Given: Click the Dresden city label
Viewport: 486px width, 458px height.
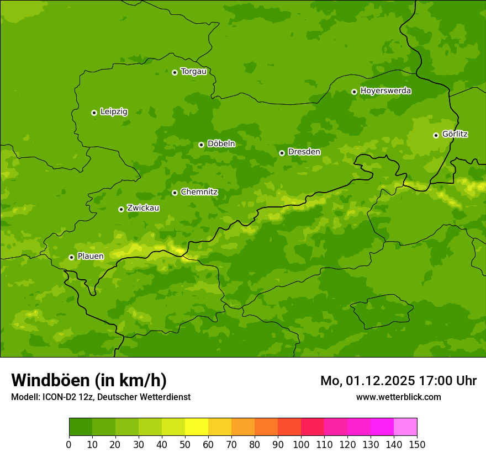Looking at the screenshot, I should (x=304, y=152).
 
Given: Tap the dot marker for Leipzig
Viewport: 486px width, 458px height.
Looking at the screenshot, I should (x=94, y=113).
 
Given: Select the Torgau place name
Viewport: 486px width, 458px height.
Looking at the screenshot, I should (x=193, y=72).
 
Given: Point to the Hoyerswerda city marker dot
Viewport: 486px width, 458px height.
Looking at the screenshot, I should (x=354, y=92).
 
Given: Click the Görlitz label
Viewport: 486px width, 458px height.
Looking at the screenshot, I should (x=455, y=134).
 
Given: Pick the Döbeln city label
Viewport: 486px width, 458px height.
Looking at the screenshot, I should (x=221, y=144).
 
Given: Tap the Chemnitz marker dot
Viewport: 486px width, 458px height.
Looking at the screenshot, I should (x=175, y=193).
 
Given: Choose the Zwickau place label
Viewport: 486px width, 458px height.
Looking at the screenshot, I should (x=143, y=208).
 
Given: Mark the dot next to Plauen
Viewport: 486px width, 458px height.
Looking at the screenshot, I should (x=71, y=257).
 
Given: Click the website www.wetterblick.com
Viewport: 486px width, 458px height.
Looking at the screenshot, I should (x=398, y=397).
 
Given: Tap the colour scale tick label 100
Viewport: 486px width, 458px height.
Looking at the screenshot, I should (x=301, y=444).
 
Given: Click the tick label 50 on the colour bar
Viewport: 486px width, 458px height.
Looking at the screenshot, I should (x=185, y=444).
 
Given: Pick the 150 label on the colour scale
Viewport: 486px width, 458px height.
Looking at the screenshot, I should (x=417, y=444).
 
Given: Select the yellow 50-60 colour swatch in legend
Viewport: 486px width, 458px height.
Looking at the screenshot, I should (x=197, y=427).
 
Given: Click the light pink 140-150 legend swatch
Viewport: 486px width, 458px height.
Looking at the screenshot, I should (x=405, y=427).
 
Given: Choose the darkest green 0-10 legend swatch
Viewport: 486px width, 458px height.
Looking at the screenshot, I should (x=81, y=427).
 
